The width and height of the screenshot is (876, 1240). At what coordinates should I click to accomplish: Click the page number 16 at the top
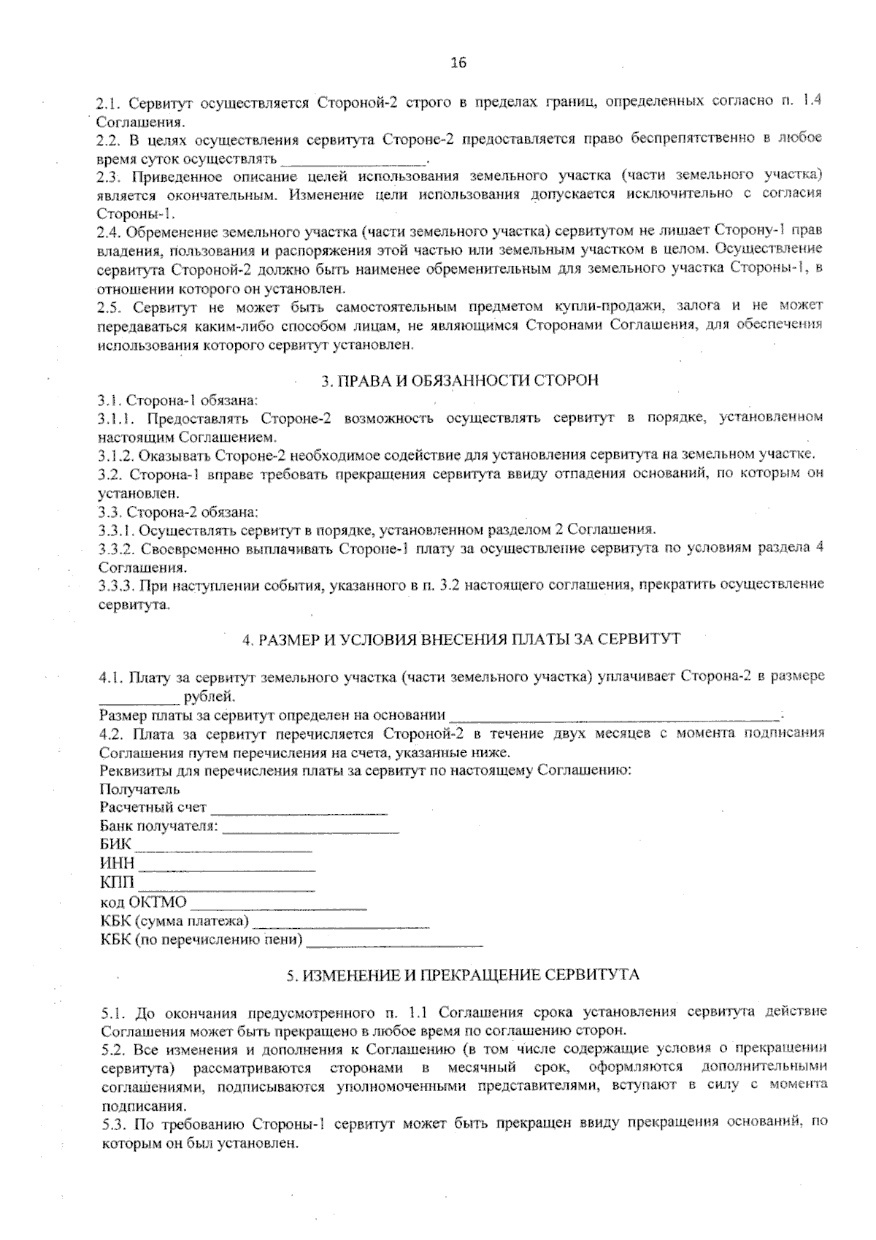point(458,63)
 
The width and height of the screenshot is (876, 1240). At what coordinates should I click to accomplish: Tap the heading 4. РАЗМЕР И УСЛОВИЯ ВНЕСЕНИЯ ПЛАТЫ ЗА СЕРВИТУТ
point(461,640)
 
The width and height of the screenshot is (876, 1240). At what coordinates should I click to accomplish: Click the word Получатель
point(139,789)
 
